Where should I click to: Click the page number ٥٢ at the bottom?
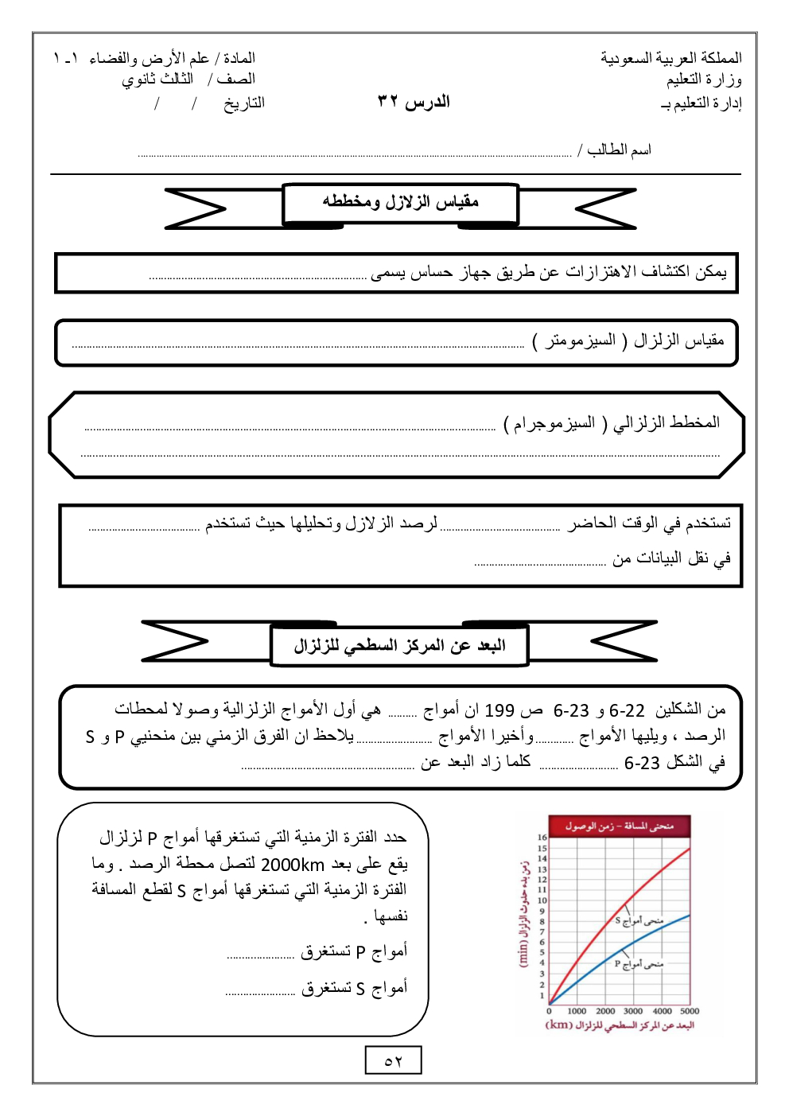393,1060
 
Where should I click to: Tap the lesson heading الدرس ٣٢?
414,101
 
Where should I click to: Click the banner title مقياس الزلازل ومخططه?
400,202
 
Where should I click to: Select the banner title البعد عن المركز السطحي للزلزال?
399,645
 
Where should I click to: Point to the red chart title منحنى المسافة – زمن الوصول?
620,826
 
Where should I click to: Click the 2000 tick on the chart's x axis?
605,1011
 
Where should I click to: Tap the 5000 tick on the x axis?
689,1011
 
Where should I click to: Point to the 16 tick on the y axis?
542,838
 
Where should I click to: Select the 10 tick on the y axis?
542,900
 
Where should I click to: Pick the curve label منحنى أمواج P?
639,963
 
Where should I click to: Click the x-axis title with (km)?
620,1025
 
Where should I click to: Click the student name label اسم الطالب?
619,150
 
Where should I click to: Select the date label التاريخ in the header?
243,103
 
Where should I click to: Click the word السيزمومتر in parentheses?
580,340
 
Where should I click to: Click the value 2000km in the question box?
293,865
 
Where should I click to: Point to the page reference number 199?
499,710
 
